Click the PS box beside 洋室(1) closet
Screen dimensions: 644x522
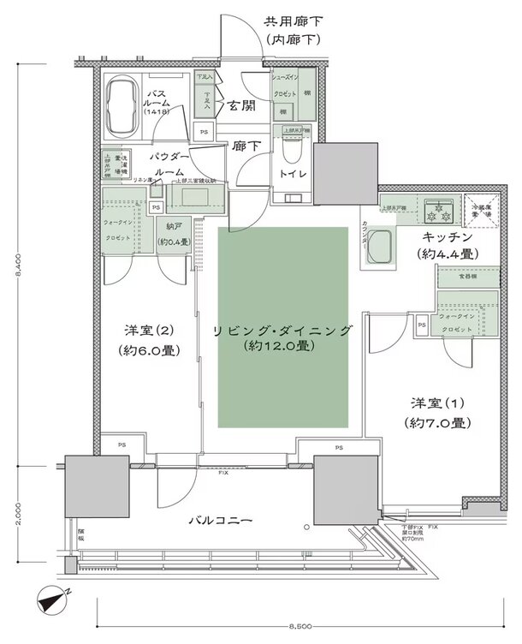(x=422, y=325)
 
